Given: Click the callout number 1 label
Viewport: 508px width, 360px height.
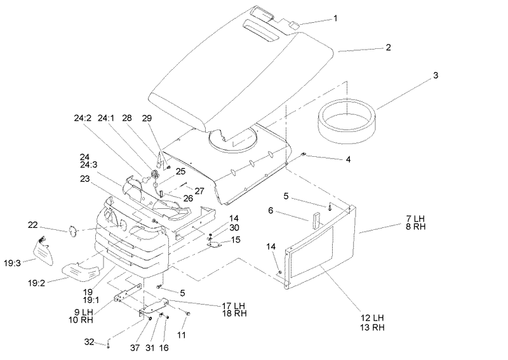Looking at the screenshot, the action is click(x=335, y=18).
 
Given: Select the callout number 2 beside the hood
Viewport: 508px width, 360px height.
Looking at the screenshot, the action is click(x=388, y=48).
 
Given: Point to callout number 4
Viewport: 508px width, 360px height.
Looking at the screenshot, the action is click(x=348, y=159).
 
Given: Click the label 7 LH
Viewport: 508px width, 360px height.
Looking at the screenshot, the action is click(x=415, y=218).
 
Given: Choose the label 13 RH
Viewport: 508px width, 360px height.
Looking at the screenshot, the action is click(x=372, y=327).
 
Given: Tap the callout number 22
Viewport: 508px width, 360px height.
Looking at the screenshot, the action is click(x=33, y=225).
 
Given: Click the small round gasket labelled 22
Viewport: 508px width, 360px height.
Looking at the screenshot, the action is click(x=72, y=230).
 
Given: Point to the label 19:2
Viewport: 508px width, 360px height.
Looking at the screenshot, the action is click(x=37, y=283).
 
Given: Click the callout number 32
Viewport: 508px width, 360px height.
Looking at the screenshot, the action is click(x=89, y=342).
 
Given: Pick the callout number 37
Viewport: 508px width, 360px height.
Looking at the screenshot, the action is click(x=135, y=348).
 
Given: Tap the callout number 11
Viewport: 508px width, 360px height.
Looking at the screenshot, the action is click(x=182, y=335).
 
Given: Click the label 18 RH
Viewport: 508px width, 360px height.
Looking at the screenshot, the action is click(x=234, y=314).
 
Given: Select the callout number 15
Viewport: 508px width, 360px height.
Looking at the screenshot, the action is click(x=236, y=240).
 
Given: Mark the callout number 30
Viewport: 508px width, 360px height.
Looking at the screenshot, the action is click(x=234, y=228).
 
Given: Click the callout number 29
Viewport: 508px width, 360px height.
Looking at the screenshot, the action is click(x=147, y=118).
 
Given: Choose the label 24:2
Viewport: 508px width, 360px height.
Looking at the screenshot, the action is click(x=83, y=118).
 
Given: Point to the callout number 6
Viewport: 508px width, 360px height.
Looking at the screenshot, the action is click(x=271, y=211).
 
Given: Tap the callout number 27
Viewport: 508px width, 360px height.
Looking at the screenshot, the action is click(x=199, y=191).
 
